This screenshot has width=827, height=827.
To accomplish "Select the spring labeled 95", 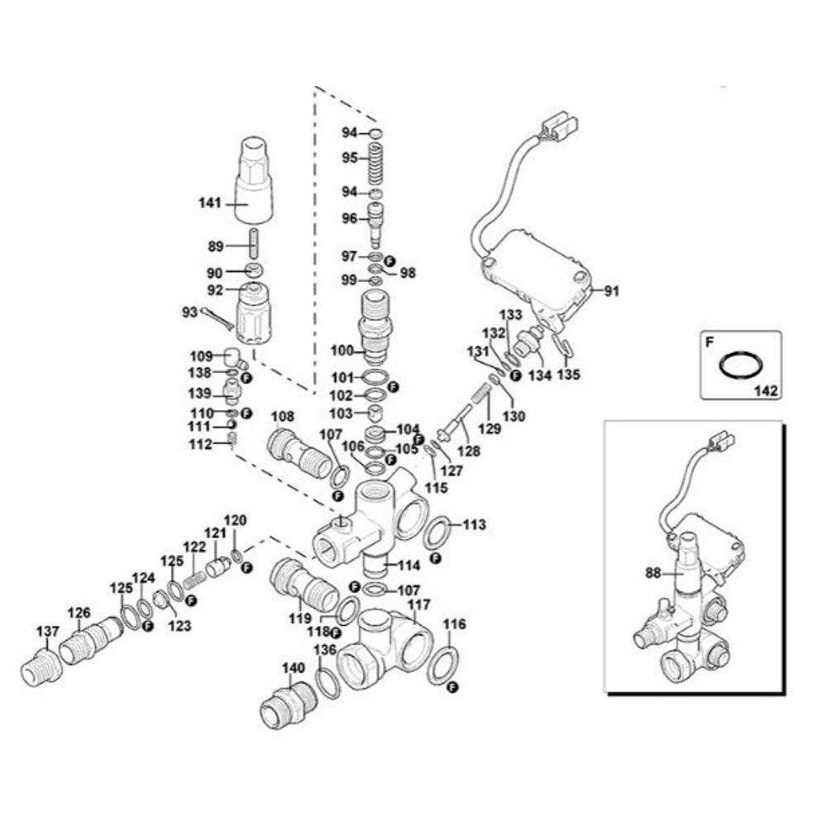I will coord(375,162).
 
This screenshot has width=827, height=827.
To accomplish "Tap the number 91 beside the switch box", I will coord(611,291).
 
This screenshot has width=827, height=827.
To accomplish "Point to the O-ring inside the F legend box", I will coord(740,364).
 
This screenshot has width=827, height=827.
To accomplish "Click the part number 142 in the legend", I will coord(766,389).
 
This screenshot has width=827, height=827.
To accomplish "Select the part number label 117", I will coord(418,605).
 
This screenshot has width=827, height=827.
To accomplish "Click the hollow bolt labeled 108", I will coord(295,449).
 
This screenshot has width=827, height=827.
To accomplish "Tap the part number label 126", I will coord(79,613).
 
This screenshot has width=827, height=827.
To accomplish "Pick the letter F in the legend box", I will coord(709,340).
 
